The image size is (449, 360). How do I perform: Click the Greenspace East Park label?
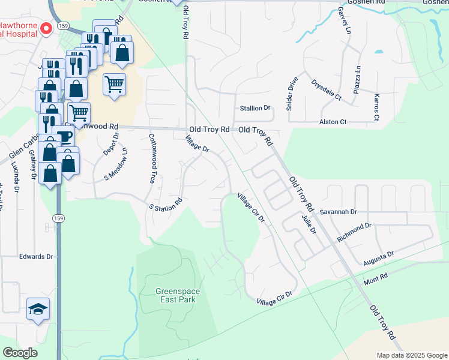[x=178, y=295]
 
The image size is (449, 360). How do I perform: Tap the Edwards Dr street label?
[x=36, y=256]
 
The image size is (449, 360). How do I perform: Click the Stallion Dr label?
[x=256, y=108]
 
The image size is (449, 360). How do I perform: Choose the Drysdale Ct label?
[x=326, y=89]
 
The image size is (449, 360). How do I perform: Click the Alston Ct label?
[x=335, y=122]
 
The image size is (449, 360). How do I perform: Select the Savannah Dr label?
[x=338, y=212]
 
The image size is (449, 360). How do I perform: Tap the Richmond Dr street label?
[x=354, y=232]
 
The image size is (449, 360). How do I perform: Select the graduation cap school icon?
[x=38, y=309]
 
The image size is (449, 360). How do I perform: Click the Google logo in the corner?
[x=20, y=353]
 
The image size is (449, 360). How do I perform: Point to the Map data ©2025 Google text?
[x=411, y=355]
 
